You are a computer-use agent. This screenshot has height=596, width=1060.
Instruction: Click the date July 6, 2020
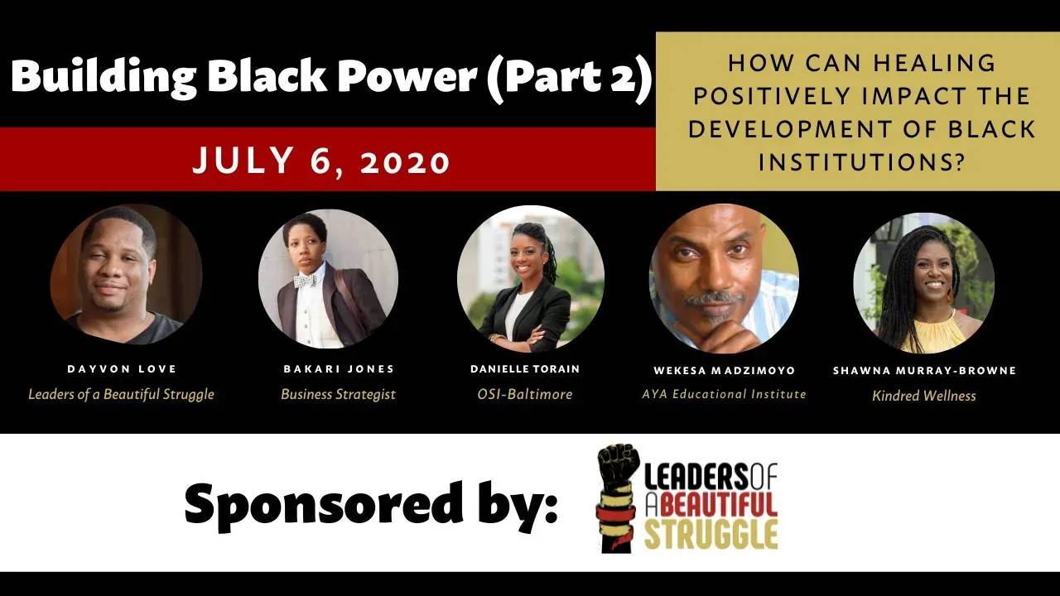[x=321, y=160]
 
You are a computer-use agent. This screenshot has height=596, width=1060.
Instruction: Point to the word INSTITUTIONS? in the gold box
[x=862, y=161]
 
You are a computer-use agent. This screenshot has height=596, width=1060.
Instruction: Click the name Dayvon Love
[x=121, y=369]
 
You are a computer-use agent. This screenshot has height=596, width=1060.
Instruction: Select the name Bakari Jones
[x=338, y=369]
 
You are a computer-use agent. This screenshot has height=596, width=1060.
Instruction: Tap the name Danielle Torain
[x=525, y=369]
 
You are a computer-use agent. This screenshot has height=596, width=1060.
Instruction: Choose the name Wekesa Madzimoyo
[x=724, y=370]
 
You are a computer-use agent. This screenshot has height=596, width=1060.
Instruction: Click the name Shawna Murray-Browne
[x=923, y=371]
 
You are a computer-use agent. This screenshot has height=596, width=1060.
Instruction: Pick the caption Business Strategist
[x=338, y=394]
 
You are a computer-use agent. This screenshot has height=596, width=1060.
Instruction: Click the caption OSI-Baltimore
[x=525, y=394]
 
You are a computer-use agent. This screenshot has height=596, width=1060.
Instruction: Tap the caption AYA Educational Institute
[x=724, y=394]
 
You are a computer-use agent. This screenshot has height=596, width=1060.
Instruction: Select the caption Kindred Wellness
[x=923, y=396]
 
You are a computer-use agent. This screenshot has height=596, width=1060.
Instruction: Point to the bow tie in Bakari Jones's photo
[x=305, y=281]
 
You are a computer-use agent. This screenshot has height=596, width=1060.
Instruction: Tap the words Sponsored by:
[x=370, y=502]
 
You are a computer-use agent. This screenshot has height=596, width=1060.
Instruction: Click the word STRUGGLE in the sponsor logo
[x=711, y=534]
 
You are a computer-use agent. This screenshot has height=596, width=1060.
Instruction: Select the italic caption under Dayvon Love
[x=121, y=394]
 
